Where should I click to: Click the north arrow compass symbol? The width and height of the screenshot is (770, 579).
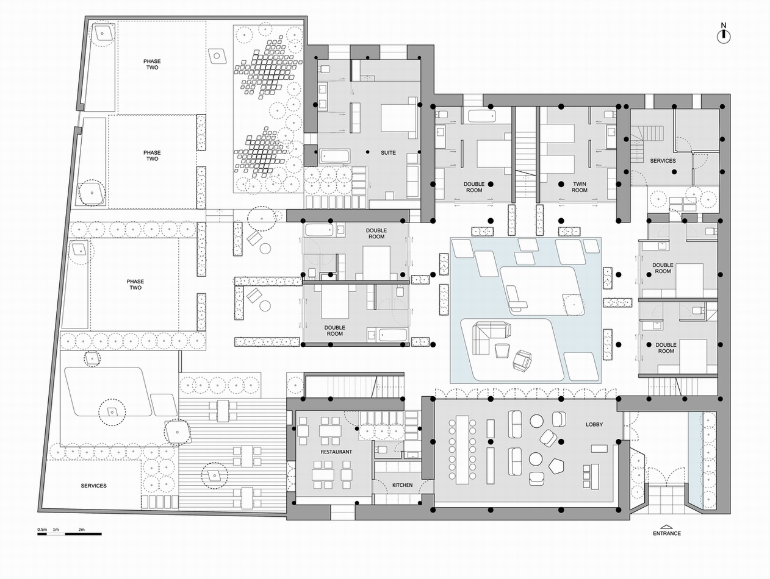coord(724,36)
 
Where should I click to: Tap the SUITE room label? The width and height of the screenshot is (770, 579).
coord(388,153)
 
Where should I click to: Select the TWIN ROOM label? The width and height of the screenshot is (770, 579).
coord(579,187)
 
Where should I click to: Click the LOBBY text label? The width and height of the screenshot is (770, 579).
coord(594,424)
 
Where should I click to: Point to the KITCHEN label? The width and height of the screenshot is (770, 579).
coord(402,485)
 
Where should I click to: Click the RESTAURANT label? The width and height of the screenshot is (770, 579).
coord(336,452)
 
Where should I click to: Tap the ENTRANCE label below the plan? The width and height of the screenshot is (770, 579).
coord(666,533)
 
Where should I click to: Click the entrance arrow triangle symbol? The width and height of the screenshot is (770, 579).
coord(666,527)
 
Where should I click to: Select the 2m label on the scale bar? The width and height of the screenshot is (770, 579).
coord(81,529)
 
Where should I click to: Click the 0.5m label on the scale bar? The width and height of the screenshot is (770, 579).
coord(41,529)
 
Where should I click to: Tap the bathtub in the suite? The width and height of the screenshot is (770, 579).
coord(335,156)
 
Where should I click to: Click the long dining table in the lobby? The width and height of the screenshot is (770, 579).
coord(462,450)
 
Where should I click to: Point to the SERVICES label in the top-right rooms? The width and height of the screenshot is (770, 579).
coord(663,161)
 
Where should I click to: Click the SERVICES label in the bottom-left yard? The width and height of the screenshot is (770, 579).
coord(94,486)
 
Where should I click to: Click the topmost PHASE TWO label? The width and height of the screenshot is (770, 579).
coord(152,65)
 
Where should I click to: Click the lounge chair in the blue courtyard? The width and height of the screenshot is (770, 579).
coord(515,298)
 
